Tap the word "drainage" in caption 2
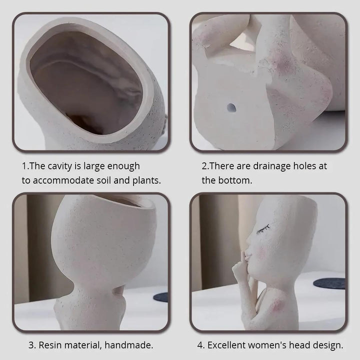pos(265,165)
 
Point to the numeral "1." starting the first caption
pos(25,165)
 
